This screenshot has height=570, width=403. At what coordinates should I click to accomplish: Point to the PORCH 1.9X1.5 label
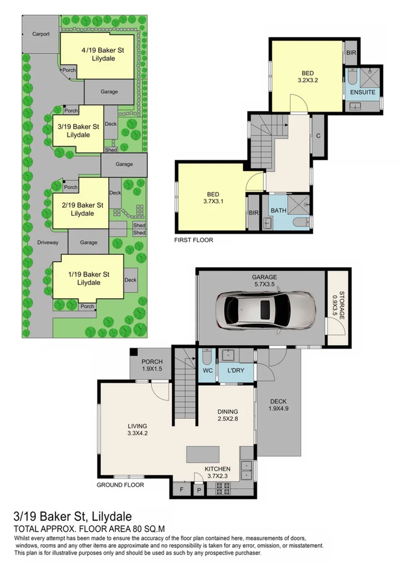coord(152,365)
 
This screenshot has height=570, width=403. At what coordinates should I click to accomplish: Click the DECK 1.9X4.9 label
coord(279,405)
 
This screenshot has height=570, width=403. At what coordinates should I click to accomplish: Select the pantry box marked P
coord(199,490)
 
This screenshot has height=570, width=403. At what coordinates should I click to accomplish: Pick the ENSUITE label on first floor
coord(362,92)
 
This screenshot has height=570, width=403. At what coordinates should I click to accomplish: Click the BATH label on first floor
coord(279,210)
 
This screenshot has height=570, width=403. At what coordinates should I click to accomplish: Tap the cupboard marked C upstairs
coord(318,136)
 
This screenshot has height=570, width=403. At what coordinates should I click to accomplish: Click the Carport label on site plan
coord(41,34)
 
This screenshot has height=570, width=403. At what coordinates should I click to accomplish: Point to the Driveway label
coord(48,243)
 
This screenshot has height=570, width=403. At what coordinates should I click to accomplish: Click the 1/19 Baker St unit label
coord(88,278)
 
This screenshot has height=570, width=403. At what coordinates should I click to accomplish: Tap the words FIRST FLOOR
coord(193,239)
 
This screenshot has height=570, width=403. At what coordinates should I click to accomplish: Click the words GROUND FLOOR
coord(120,484)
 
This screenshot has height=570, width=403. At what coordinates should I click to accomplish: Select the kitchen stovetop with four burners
coord(223,488)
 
